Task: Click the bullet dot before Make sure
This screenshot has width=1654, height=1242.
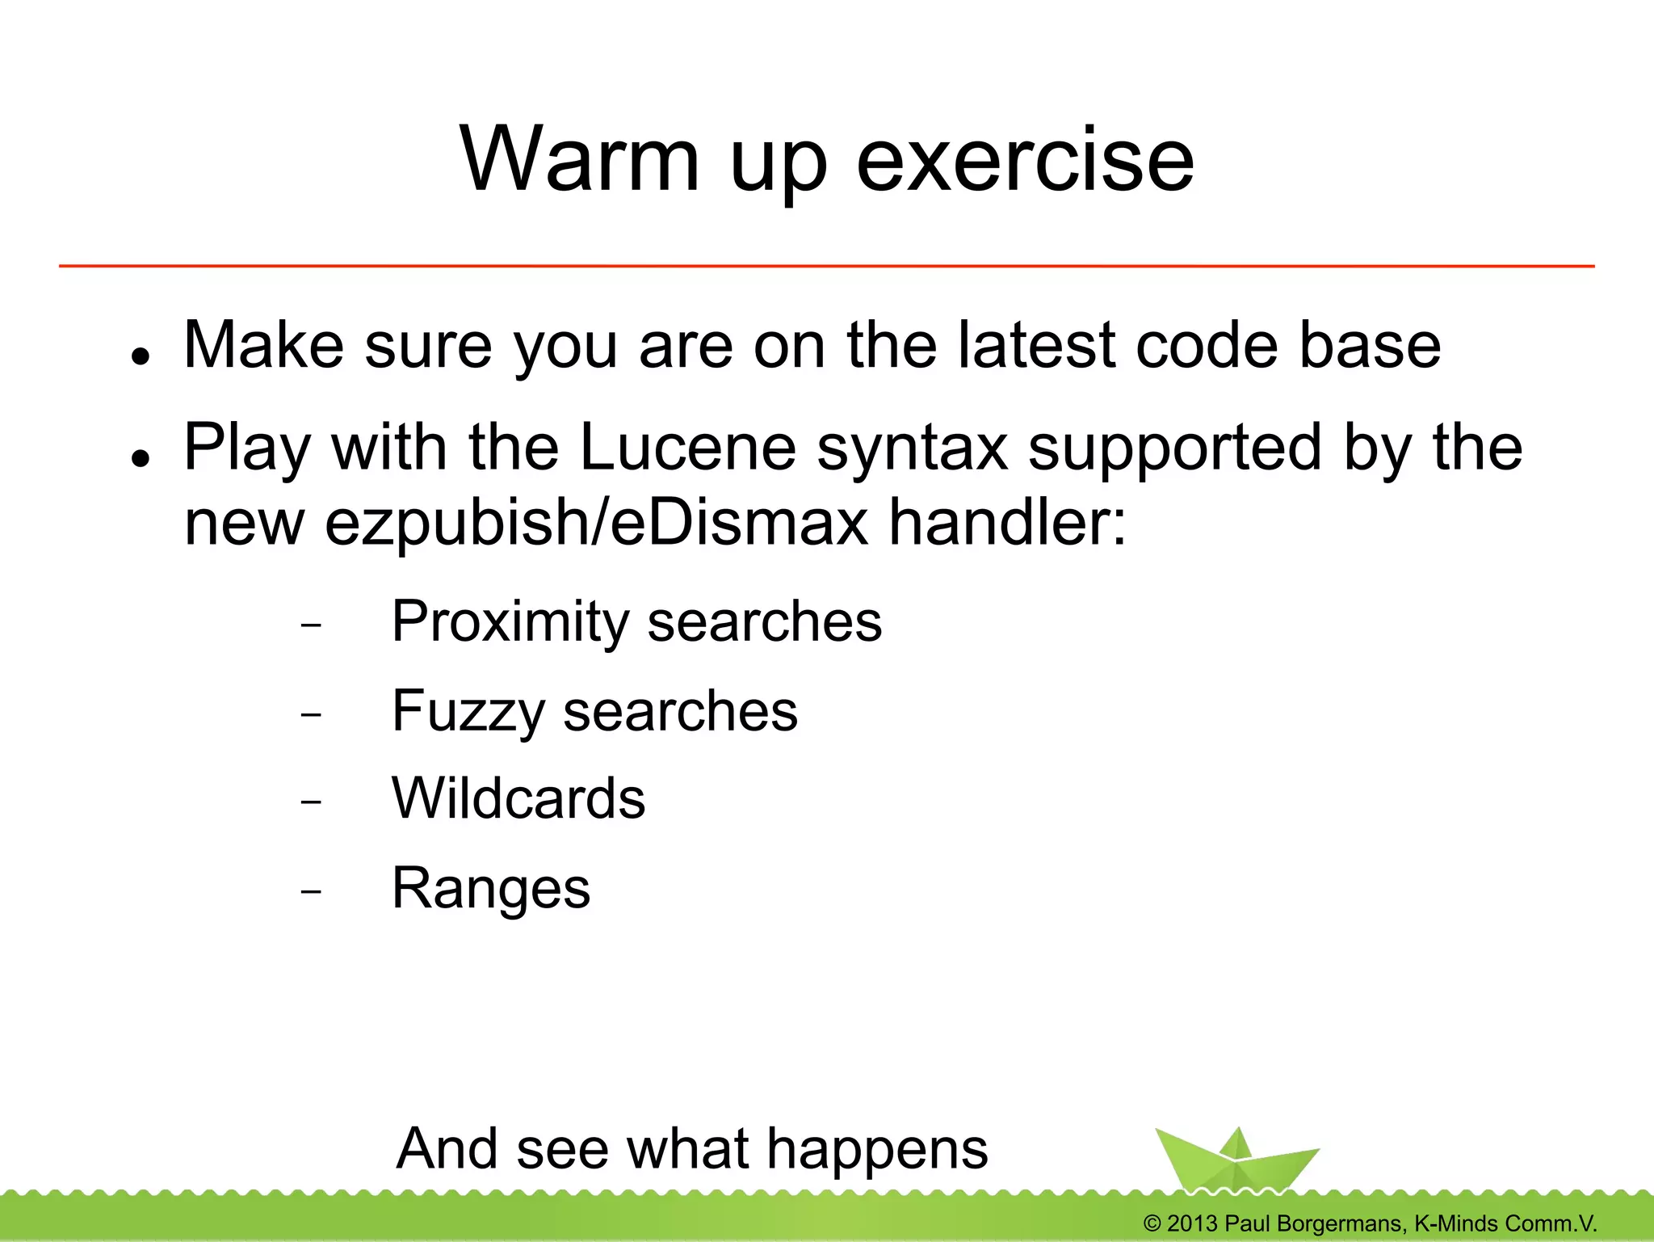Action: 141,356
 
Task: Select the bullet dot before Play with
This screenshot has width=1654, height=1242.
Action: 141,458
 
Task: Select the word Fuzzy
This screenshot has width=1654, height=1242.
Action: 469,712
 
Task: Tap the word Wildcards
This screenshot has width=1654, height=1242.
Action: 518,798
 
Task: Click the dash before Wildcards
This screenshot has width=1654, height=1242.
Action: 310,802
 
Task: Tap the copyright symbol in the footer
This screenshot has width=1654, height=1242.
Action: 1152,1223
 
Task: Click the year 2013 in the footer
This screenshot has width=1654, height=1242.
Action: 1192,1223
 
